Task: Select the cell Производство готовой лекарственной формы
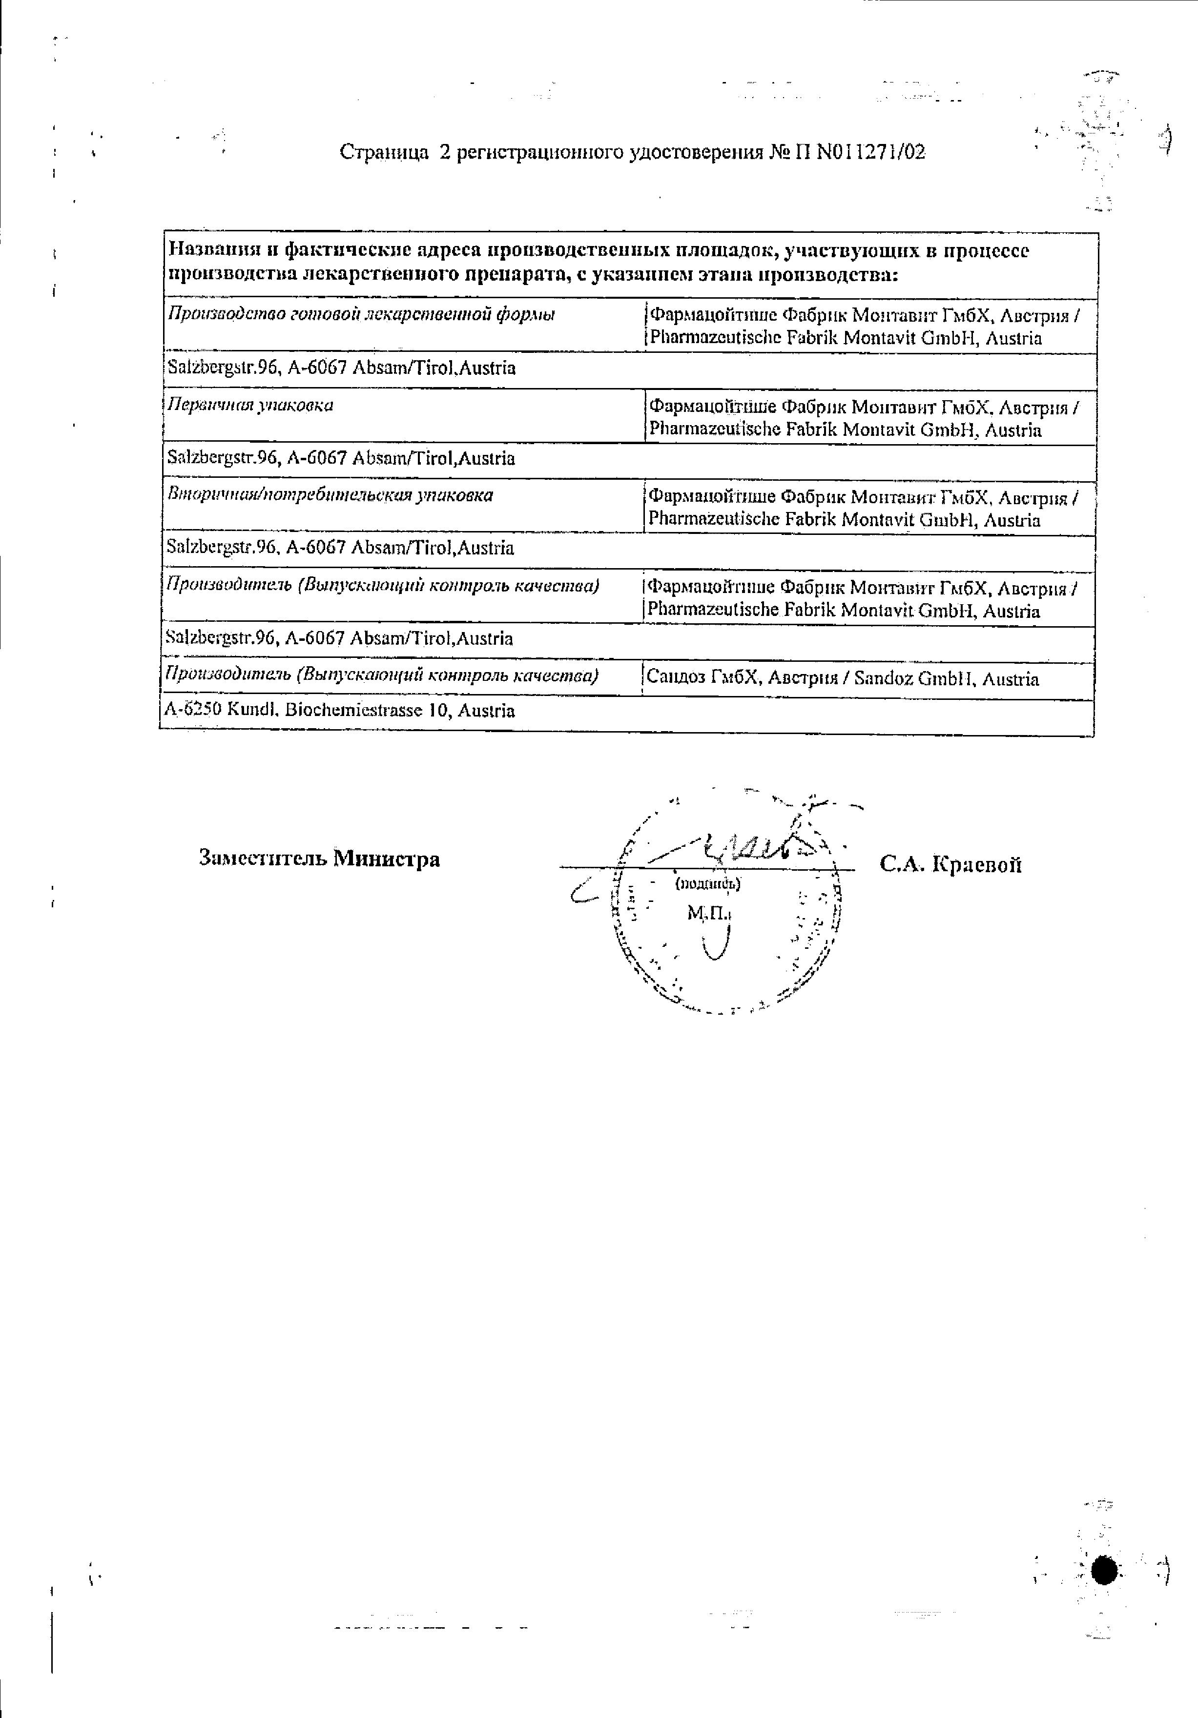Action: coord(361,315)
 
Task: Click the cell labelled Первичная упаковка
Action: coord(250,406)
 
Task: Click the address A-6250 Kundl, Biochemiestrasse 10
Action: coord(339,710)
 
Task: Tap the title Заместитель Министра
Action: coord(320,858)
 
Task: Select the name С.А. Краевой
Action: coord(951,865)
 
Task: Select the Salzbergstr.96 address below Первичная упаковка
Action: coord(341,458)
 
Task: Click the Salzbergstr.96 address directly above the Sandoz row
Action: coord(338,638)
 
